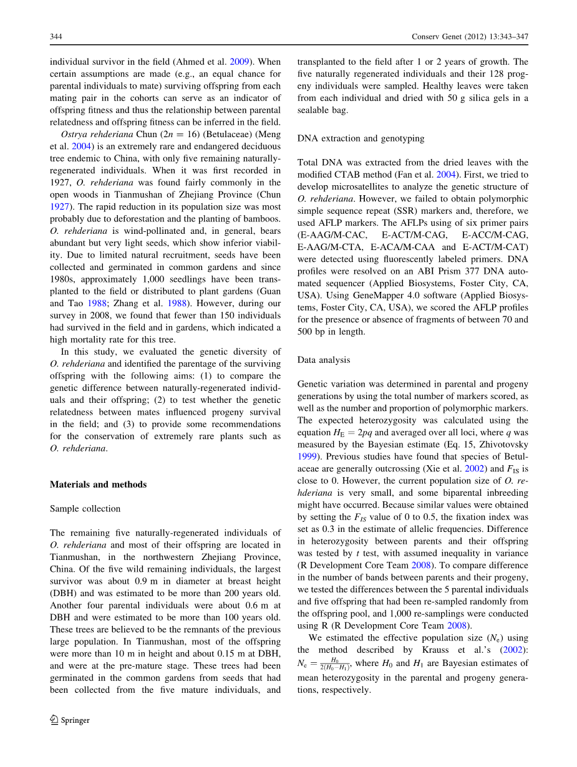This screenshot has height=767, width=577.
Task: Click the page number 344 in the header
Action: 56,37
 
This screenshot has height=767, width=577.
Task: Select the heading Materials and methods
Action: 98,485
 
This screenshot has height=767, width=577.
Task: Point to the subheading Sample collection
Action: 85,509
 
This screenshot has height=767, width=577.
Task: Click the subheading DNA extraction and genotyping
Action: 361,138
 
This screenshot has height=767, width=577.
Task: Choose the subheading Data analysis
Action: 324,360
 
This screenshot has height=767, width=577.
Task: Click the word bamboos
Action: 262,218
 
